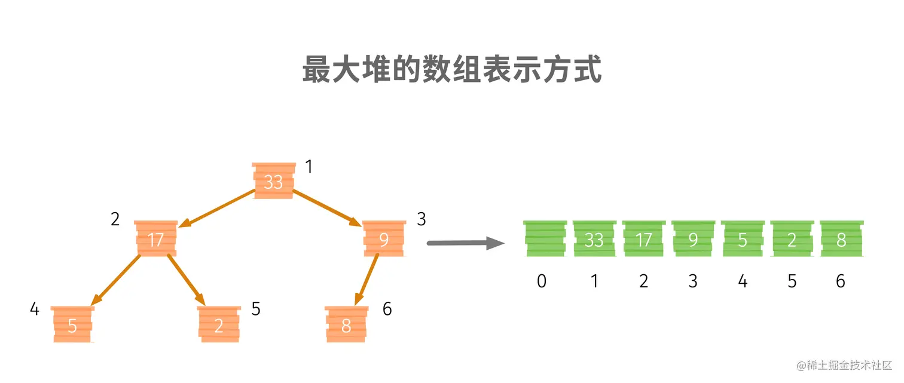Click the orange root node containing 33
274,180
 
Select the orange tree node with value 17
155,239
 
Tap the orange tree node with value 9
384,239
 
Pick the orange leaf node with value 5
72,324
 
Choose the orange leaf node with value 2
219,324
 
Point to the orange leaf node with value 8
346,324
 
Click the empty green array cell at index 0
545,239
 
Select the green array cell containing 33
594,239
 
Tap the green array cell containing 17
643,239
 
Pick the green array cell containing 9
693,239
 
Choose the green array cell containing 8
841,239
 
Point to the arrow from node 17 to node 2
186,279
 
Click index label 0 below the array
542,281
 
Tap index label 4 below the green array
743,281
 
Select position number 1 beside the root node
309,167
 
